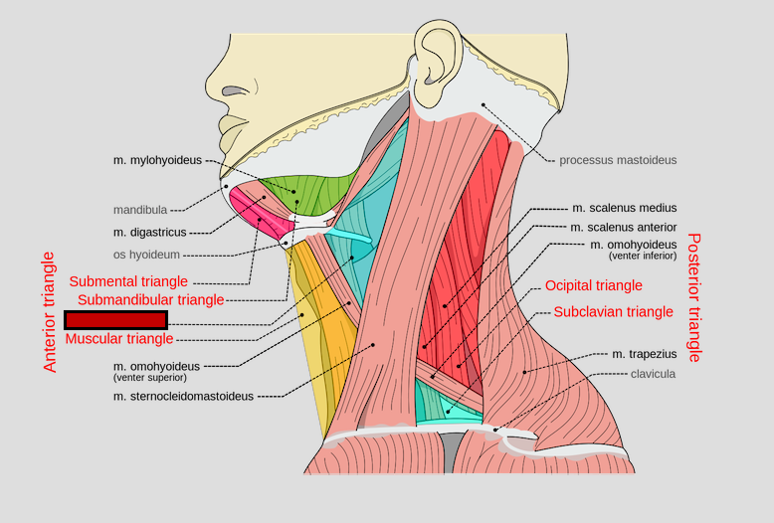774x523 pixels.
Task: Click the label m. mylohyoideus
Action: tap(158, 159)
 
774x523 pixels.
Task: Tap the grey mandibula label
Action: tap(140, 210)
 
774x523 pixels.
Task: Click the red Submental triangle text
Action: tap(128, 281)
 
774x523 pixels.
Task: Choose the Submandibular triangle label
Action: tap(150, 299)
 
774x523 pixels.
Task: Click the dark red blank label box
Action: tap(115, 319)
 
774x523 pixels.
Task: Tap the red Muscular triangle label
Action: tap(119, 339)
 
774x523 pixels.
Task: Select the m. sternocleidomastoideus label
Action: tap(183, 396)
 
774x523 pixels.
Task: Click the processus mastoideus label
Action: tap(617, 159)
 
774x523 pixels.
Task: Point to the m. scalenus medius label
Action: tap(624, 208)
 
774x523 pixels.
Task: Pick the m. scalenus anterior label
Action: tap(624, 227)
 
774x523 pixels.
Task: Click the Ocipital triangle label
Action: tap(593, 285)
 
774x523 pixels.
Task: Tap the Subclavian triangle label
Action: tap(613, 311)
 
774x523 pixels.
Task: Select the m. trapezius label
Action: tap(644, 354)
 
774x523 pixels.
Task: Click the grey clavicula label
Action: tap(653, 374)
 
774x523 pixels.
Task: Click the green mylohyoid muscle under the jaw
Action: tap(307, 194)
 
